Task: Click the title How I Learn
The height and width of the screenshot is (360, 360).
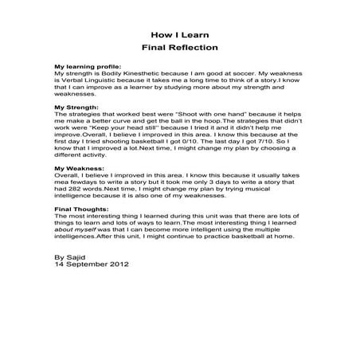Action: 179,35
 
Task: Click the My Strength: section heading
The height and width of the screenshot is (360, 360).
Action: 76,106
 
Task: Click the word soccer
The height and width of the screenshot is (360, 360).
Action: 242,73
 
